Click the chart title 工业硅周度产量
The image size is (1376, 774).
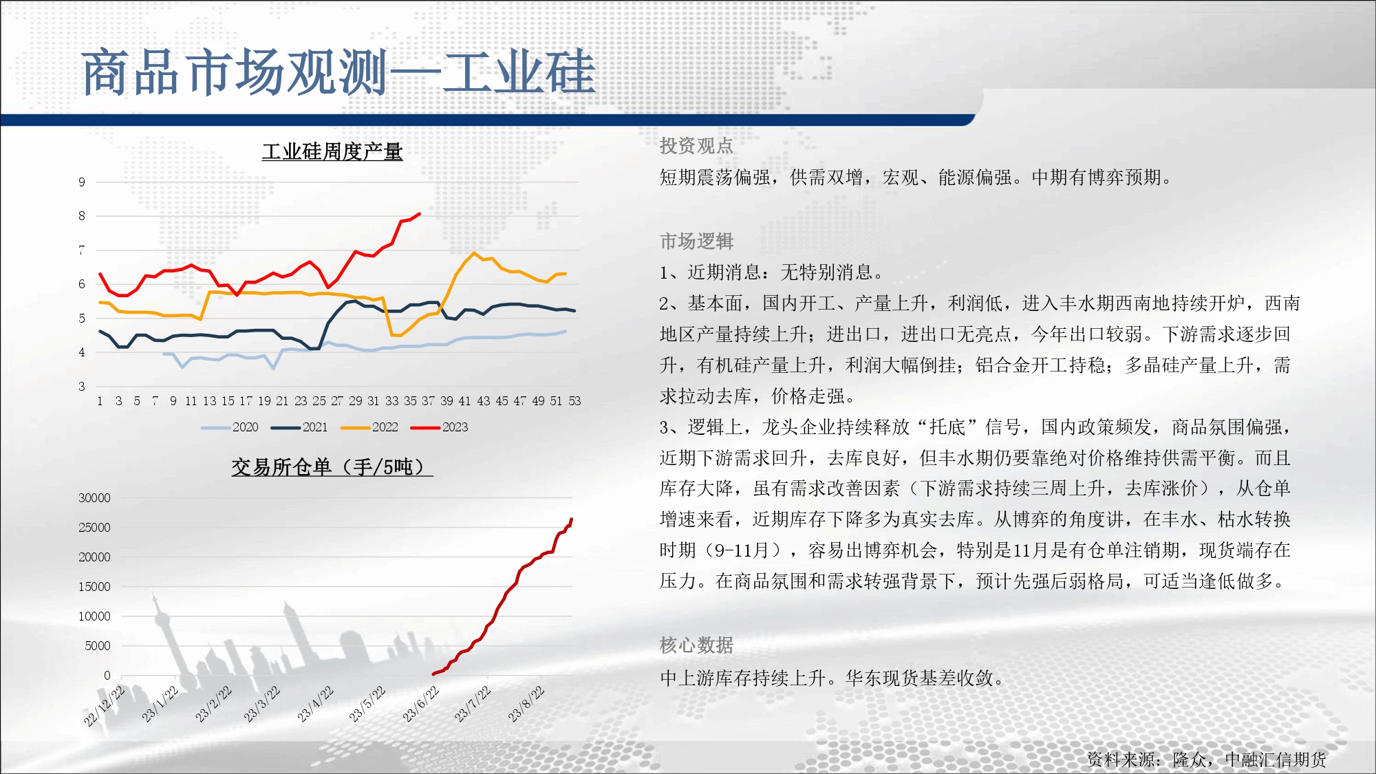click(x=332, y=151)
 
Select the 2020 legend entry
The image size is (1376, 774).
click(x=230, y=427)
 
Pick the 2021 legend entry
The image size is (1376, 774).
click(x=299, y=427)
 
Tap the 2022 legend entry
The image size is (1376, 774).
click(x=369, y=427)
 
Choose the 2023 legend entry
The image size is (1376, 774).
click(x=440, y=427)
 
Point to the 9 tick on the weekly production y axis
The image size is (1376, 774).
click(x=82, y=182)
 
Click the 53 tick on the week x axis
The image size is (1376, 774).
click(x=575, y=401)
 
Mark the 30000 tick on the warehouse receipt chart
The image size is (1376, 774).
click(x=94, y=498)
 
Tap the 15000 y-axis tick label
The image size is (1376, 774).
click(x=94, y=587)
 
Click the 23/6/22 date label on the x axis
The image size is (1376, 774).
click(x=420, y=705)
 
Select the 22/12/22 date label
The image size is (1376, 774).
click(x=104, y=706)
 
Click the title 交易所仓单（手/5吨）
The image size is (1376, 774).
click(x=332, y=467)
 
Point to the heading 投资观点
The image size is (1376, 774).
click(x=696, y=146)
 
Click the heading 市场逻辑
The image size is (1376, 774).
click(x=696, y=241)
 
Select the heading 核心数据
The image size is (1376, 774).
click(x=696, y=645)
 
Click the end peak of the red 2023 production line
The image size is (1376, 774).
click(x=420, y=214)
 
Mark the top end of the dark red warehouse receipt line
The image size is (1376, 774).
click(x=572, y=519)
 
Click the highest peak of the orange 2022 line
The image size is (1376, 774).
click(x=474, y=253)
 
